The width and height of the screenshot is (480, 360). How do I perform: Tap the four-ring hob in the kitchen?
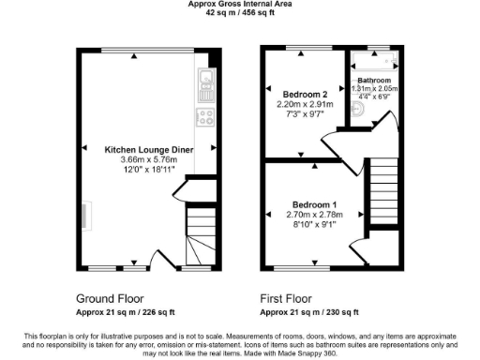click(x=204, y=117)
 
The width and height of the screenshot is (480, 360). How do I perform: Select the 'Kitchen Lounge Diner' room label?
click(x=149, y=149)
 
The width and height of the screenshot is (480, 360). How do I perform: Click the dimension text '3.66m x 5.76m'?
click(x=149, y=160)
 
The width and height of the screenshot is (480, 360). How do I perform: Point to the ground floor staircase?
click(x=200, y=234)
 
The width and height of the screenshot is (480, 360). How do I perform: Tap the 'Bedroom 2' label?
click(x=304, y=94)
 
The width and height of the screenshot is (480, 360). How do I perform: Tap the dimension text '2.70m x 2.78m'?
click(x=312, y=215)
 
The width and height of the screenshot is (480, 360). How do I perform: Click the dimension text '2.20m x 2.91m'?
click(x=304, y=105)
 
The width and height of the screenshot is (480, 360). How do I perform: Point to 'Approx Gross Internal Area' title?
click(x=239, y=5)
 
